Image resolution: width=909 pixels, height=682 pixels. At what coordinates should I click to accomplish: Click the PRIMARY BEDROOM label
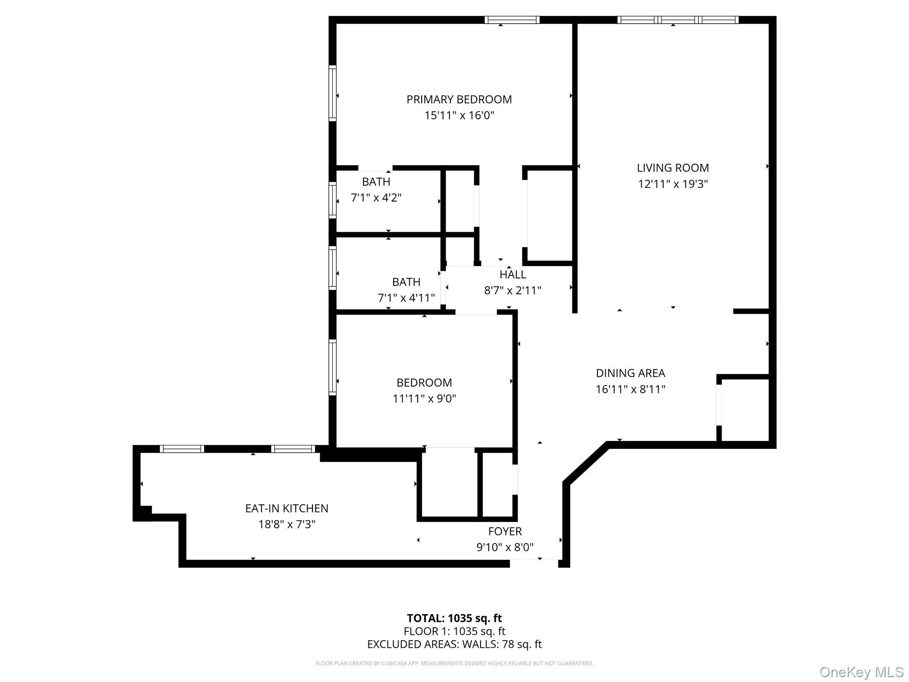pos(459,99)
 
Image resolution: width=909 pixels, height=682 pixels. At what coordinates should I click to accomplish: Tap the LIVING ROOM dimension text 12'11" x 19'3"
pos(672,184)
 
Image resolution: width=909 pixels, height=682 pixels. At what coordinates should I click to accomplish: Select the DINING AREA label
pos(630,373)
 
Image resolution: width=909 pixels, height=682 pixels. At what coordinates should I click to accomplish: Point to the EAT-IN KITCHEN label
pos(287,508)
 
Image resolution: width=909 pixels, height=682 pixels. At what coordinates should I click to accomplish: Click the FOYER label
pos(505,531)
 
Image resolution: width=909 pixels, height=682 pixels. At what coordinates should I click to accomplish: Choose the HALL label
pos(513,274)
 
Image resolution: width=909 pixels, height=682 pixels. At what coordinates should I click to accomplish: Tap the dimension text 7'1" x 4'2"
pos(376,198)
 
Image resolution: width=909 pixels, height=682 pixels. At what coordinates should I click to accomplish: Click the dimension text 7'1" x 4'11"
pos(406,298)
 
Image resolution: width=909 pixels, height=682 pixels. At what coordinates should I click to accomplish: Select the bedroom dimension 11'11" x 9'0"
pos(424,399)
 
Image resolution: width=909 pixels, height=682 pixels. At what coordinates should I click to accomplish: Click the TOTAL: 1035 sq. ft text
pos(454,618)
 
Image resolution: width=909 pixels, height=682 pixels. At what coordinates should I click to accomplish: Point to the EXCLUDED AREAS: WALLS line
pos(454,644)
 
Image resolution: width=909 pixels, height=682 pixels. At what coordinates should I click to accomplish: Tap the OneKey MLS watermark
pos(861,672)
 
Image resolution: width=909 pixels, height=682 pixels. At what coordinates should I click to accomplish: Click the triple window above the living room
pos(677,20)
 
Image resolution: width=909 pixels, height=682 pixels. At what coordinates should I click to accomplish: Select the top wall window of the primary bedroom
pos(512,20)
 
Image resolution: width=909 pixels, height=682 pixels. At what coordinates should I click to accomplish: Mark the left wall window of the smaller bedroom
pos(332,367)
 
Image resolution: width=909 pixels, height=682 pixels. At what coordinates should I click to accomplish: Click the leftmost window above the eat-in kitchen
pos(182,449)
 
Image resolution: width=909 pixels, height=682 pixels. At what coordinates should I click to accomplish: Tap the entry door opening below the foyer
pos(534,563)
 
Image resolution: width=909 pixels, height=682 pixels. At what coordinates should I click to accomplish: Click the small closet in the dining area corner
pos(745,409)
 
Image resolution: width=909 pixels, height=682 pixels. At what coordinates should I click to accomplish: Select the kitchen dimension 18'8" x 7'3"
pos(287,524)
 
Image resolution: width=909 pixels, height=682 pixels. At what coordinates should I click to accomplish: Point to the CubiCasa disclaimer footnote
pos(454,663)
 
